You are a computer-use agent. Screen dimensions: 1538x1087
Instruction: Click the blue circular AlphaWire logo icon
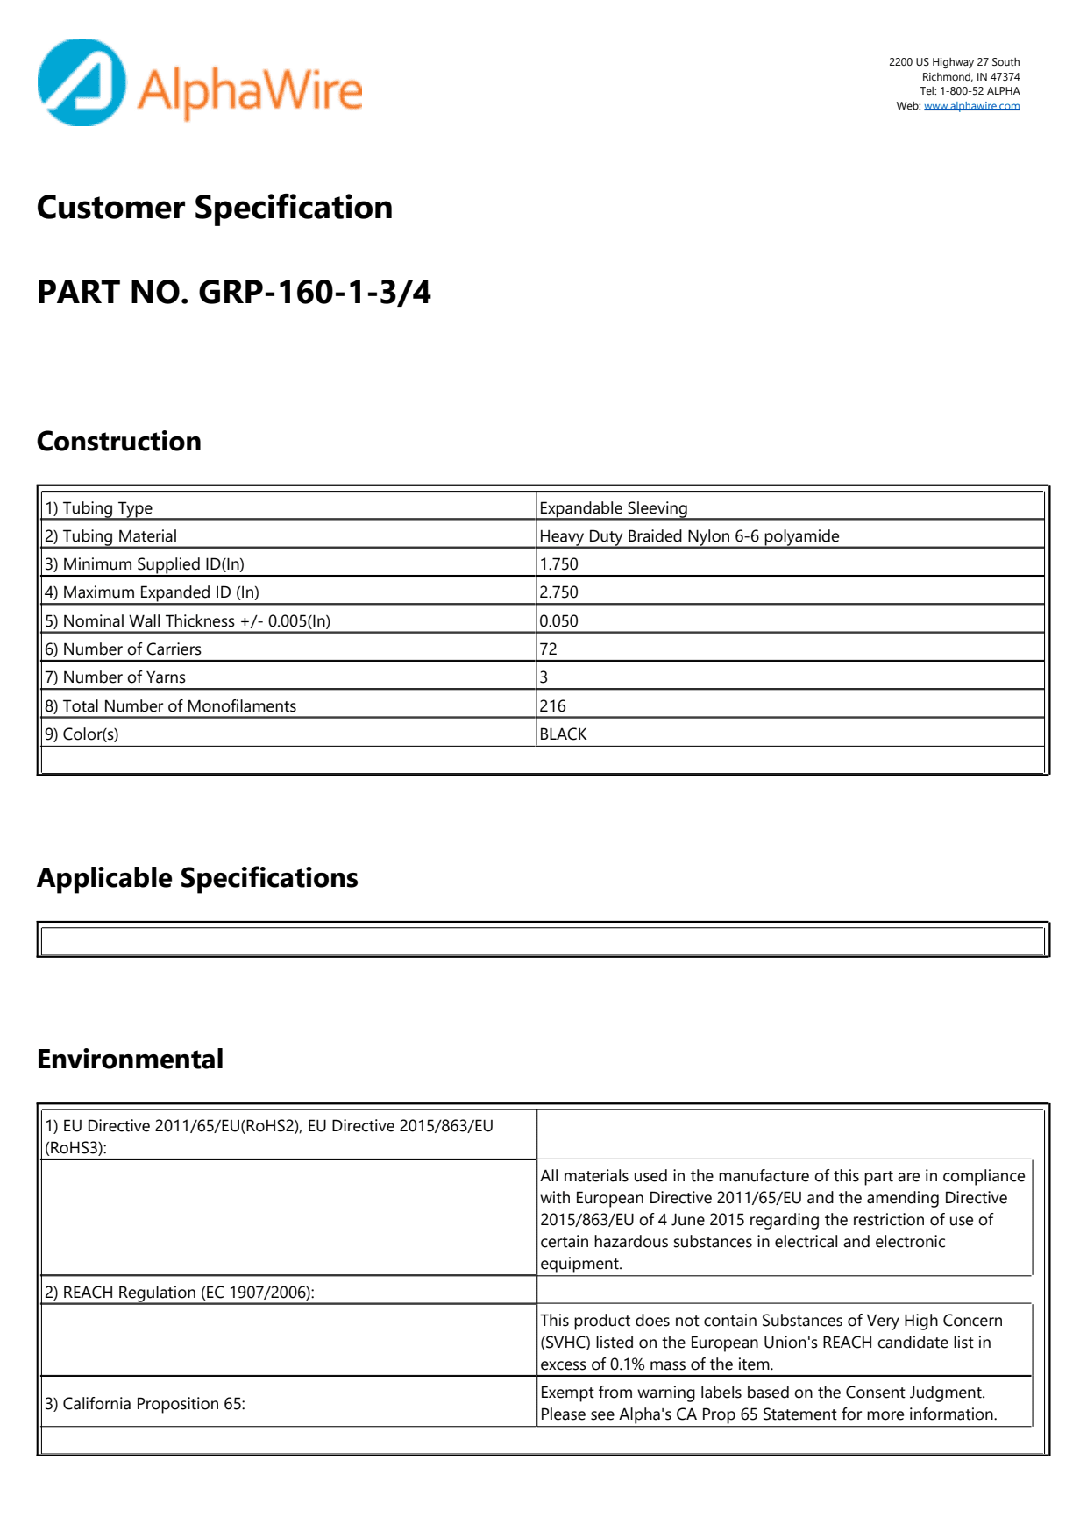coord(82,82)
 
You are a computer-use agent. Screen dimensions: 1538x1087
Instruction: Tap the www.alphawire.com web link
coord(971,106)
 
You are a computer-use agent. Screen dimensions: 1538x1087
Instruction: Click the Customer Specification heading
coord(215,208)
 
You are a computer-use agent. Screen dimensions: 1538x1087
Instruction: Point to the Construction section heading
coord(119,441)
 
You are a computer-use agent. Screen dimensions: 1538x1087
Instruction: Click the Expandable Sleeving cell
coord(614,508)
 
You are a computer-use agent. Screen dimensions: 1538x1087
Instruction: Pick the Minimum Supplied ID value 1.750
coord(559,564)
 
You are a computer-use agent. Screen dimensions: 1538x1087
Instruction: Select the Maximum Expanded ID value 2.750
coord(559,592)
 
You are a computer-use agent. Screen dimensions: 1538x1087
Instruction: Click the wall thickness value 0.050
coord(559,621)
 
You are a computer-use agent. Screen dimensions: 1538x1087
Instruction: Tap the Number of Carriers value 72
coord(549,649)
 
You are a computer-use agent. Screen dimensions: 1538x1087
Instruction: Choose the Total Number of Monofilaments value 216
coord(553,706)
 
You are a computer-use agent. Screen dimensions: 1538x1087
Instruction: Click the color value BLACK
coord(564,734)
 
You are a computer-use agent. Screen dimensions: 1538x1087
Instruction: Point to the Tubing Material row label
coord(111,536)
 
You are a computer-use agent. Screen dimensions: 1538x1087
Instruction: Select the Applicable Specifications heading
coord(197,878)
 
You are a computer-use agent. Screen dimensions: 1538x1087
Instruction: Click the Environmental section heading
coord(130,1060)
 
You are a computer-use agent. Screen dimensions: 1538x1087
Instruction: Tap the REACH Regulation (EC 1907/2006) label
coord(180,1293)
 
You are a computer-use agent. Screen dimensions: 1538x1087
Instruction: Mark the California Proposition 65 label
coord(146,1404)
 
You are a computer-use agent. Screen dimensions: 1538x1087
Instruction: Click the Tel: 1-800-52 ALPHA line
coord(970,91)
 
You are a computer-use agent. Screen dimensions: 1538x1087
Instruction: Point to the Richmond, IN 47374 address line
coord(970,77)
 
